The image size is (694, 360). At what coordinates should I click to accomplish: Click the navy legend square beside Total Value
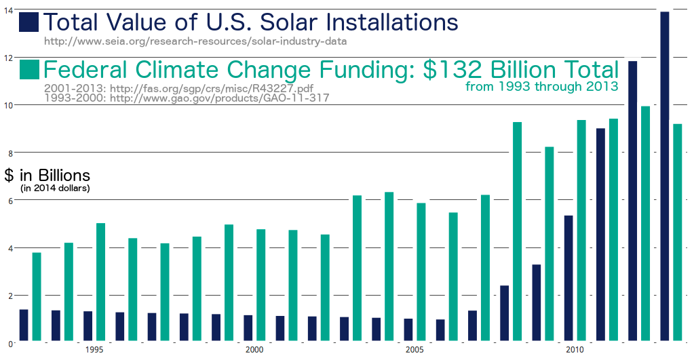tap(29, 22)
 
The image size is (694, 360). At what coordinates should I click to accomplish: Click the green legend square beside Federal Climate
tap(29, 70)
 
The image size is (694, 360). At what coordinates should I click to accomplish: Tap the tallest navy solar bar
tap(665, 176)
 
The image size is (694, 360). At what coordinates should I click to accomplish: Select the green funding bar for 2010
tap(581, 230)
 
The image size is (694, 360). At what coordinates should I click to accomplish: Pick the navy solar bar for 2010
tap(568, 278)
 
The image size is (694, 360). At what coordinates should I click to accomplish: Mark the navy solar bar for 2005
tap(408, 329)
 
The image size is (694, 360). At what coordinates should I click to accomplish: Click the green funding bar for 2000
tap(261, 285)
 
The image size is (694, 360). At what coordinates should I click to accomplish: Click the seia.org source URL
tap(195, 41)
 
